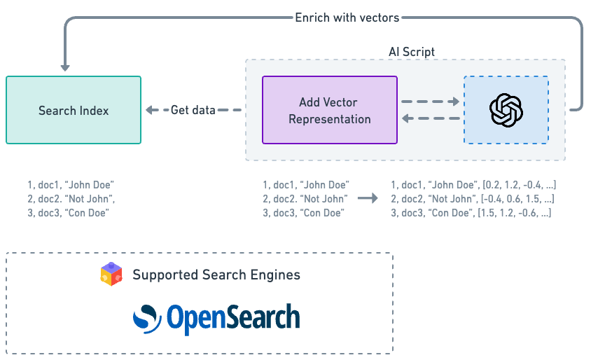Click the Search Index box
pyautogui.click(x=74, y=110)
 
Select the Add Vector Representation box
pyautogui.click(x=329, y=110)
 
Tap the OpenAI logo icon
pyautogui.click(x=506, y=110)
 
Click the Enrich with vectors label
pyautogui.click(x=347, y=18)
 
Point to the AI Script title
pyautogui.click(x=412, y=53)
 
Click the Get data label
pyautogui.click(x=193, y=110)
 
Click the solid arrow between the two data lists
pyautogui.click(x=367, y=199)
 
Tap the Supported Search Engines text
pyautogui.click(x=216, y=275)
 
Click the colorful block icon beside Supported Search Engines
pyautogui.click(x=111, y=275)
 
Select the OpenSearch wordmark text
pyautogui.click(x=232, y=317)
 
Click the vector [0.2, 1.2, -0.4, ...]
pyautogui.click(x=517, y=185)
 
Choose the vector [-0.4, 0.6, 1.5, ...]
pyautogui.click(x=518, y=199)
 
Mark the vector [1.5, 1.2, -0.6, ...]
pyautogui.click(x=515, y=212)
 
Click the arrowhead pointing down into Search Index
pyautogui.click(x=65, y=67)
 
